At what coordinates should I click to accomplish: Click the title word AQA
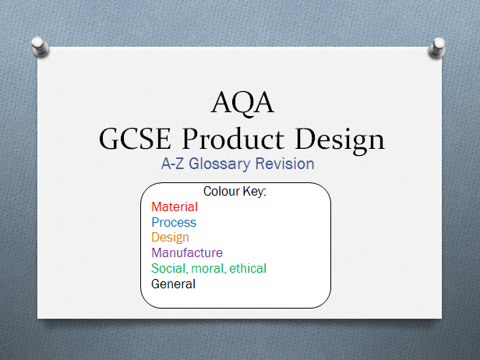click(x=242, y=104)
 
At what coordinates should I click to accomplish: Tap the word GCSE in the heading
click(x=135, y=139)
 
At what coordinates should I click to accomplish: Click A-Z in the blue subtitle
click(x=172, y=164)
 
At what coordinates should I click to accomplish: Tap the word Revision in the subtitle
click(x=284, y=164)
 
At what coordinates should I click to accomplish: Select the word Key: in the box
click(x=255, y=192)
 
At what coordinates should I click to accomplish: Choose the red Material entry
click(x=175, y=207)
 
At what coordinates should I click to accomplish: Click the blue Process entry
click(x=174, y=223)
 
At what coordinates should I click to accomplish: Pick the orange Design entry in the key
click(x=170, y=238)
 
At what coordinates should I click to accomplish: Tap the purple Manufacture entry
click(x=187, y=252)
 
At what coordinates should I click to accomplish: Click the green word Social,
click(x=169, y=269)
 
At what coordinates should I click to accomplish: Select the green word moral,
click(x=208, y=269)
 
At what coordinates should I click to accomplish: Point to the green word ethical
click(x=248, y=269)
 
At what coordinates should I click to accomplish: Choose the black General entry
click(x=173, y=284)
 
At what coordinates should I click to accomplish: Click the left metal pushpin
click(x=41, y=47)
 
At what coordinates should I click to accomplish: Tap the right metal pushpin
click(x=437, y=48)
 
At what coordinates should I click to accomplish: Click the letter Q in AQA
click(x=242, y=104)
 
